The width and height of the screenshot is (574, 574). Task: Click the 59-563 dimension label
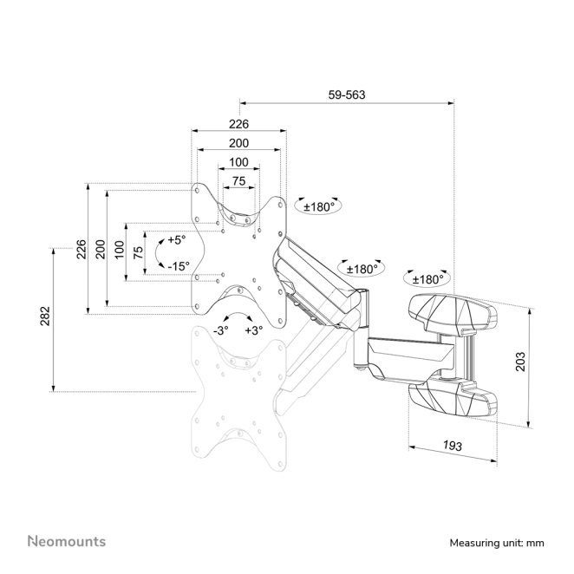coord(346,95)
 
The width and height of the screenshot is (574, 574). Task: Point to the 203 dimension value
coord(520,362)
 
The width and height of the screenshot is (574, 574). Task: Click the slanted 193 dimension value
coord(453,446)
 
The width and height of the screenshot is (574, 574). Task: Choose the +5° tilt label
coord(176,240)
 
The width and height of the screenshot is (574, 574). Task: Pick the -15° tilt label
coord(179,266)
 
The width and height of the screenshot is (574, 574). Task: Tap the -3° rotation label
coord(221,330)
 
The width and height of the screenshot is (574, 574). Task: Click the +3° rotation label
coord(254,330)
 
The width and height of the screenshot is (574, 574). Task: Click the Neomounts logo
coord(67,541)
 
